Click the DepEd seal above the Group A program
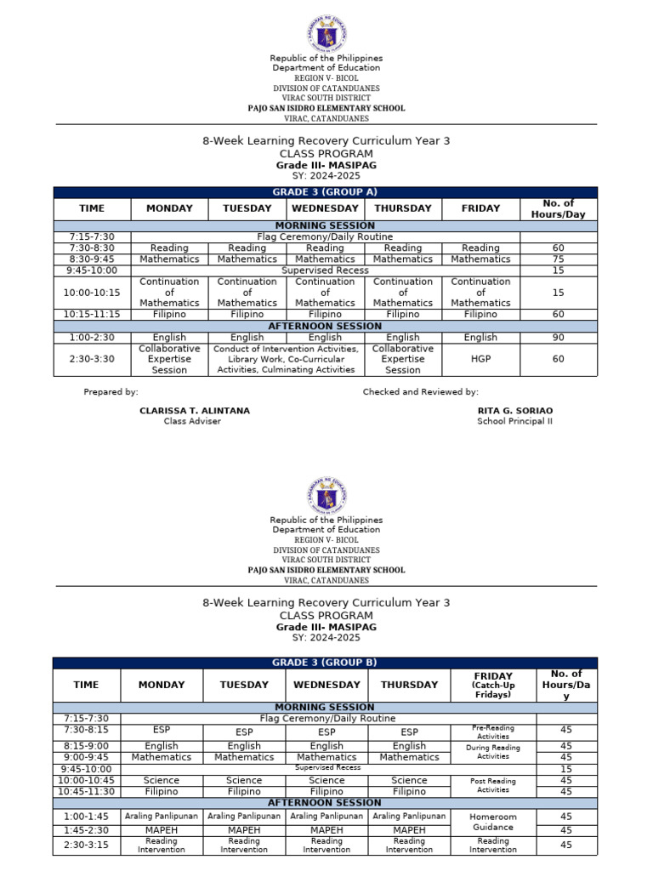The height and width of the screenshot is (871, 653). click(326, 34)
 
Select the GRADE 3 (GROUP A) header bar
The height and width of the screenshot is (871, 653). click(326, 192)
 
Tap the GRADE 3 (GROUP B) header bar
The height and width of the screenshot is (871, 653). click(326, 663)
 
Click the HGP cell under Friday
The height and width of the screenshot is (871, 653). click(480, 359)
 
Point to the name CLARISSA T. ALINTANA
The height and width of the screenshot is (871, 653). click(195, 411)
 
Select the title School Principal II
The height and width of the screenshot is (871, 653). click(514, 421)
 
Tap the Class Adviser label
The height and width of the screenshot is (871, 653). click(192, 421)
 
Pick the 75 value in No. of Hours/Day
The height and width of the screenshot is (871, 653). click(558, 259)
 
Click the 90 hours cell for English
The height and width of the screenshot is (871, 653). click(558, 338)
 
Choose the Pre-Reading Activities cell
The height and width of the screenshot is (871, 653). click(480, 732)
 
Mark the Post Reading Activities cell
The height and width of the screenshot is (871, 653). click(480, 785)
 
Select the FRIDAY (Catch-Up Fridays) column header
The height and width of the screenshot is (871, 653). click(493, 685)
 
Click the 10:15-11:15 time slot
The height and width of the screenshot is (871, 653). click(92, 314)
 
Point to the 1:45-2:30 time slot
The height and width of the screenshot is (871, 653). click(86, 830)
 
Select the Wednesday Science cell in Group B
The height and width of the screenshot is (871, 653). click(326, 780)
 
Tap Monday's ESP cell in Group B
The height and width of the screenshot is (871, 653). click(162, 730)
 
